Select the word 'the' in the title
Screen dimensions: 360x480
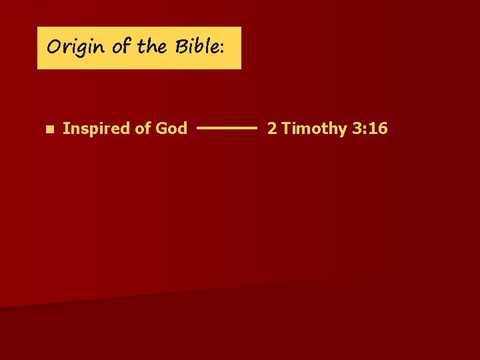click(152, 47)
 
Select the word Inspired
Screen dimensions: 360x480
click(96, 129)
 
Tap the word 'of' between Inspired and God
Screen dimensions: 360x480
click(143, 129)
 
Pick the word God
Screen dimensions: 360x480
click(171, 129)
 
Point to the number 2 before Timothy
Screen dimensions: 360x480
click(272, 129)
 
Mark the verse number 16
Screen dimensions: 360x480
click(377, 129)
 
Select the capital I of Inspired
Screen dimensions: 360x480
click(65, 129)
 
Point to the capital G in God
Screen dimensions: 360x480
click(161, 129)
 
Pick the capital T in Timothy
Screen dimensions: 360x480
click(285, 129)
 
